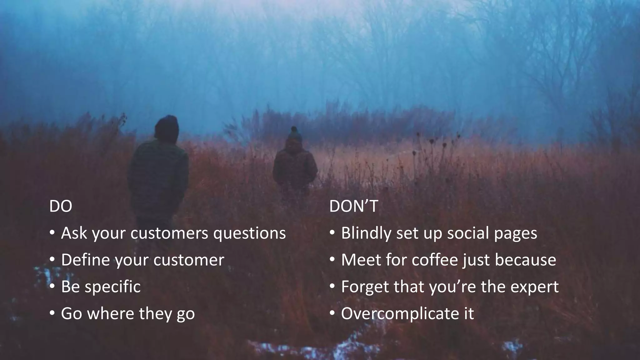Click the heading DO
[x=61, y=206]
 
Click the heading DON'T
[x=353, y=206]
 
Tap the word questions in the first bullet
[x=249, y=233]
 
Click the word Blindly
[x=366, y=233]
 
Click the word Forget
[x=365, y=287]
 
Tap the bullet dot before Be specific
[x=52, y=286]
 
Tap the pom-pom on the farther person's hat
[x=294, y=128]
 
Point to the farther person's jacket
[x=295, y=169]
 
